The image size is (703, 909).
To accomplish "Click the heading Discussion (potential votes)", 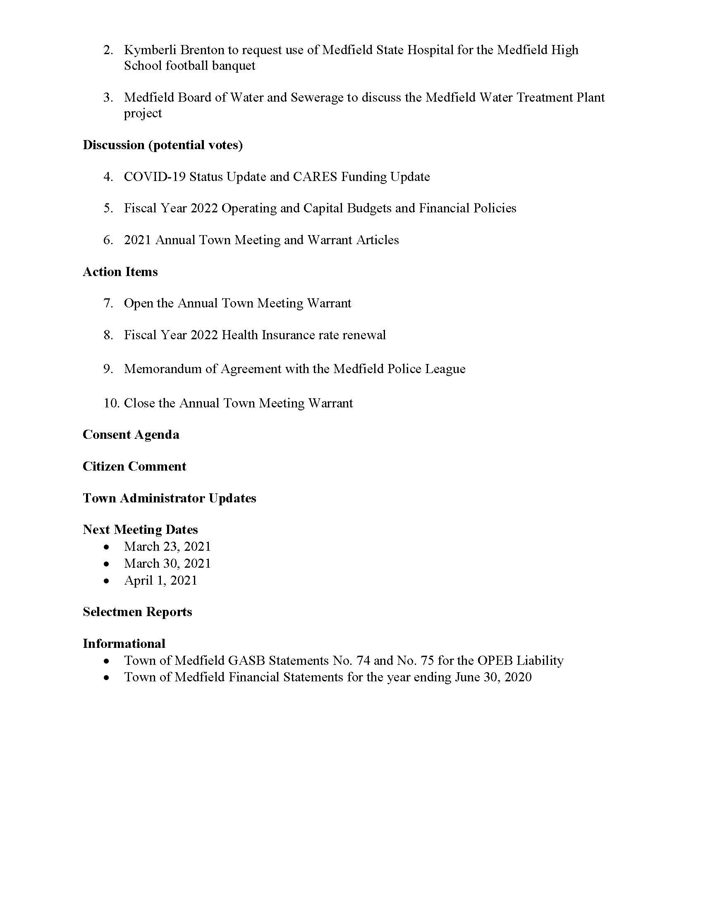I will pos(163,145).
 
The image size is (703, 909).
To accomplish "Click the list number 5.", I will pos(108,209).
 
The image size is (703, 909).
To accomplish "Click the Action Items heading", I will pos(120,272).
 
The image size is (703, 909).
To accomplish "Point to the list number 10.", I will pos(111,403).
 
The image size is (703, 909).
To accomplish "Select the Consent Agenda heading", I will pos(131,435).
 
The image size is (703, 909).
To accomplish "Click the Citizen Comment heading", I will pos(134,466).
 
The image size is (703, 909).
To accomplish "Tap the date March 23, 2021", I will pos(167,547).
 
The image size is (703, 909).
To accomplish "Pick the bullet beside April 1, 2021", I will pos(107,581).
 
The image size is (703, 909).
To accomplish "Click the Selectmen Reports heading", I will pos(137,612).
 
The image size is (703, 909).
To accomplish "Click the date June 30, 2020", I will pos(493,677).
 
